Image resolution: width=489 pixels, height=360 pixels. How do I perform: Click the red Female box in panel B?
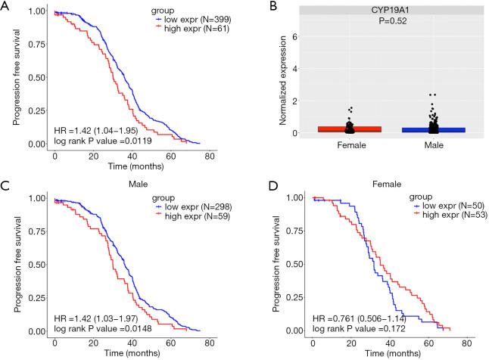pos(327,129)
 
